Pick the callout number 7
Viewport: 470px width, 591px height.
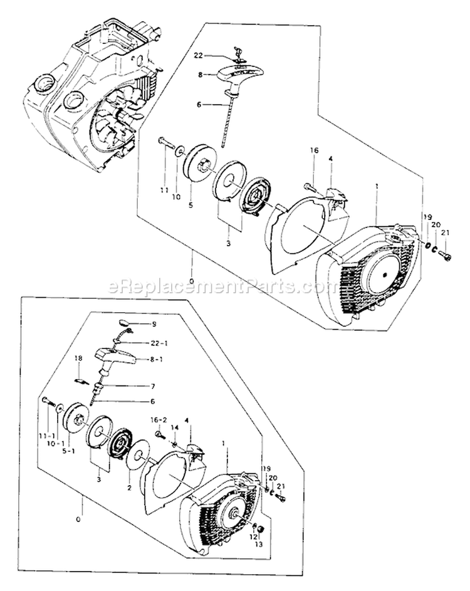pos(153,386)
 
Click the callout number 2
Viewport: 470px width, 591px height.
pos(129,488)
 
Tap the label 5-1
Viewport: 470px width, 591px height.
pos(68,451)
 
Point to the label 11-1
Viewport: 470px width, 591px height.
pos(46,436)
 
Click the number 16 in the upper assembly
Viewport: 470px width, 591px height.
pos(315,150)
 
